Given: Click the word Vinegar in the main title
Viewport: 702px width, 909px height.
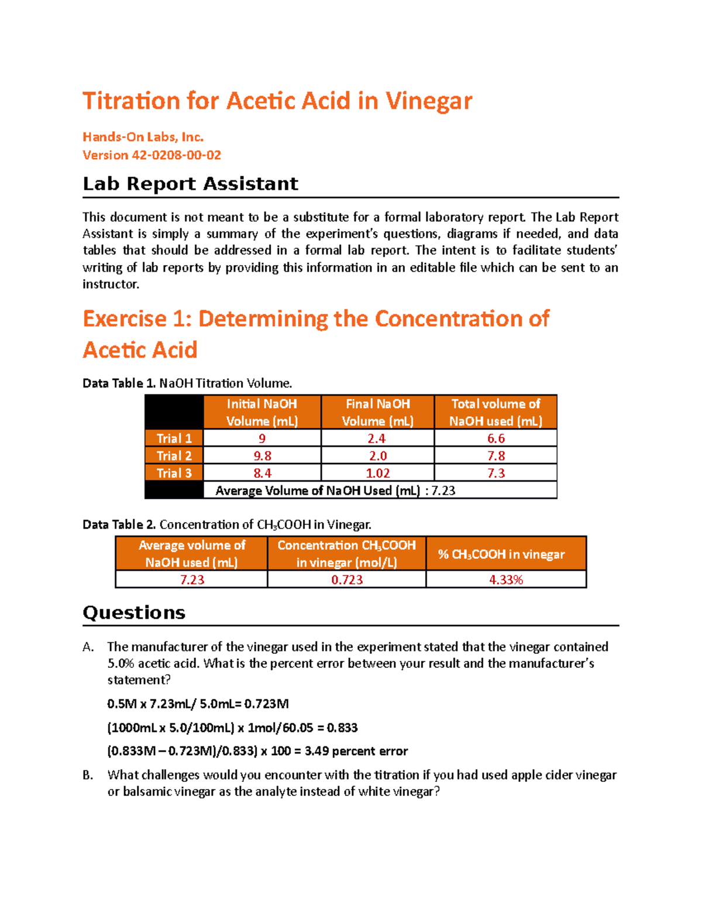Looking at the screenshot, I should coord(428,101).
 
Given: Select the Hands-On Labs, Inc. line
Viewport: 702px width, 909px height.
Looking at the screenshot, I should coord(143,137).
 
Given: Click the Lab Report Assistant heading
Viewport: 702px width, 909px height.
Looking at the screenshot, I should coord(190,184).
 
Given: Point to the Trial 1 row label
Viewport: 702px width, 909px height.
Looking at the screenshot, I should coord(174,438).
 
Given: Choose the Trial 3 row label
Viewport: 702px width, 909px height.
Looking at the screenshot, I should coord(174,473).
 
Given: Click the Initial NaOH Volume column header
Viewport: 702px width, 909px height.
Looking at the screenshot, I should coord(262,412).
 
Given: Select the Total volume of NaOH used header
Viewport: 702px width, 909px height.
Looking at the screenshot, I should coord(495,412).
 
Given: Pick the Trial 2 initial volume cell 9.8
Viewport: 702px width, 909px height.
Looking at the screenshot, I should coord(262,456).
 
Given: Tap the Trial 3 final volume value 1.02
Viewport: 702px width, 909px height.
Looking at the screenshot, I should coord(378,473).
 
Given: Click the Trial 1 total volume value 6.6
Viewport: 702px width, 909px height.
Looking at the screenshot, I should coord(496,438).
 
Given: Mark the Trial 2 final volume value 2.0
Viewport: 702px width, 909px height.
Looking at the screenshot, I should coord(378,456).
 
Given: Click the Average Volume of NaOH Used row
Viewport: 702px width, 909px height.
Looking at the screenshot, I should coord(335,490).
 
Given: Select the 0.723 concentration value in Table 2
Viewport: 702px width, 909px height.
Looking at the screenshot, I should coord(347,579).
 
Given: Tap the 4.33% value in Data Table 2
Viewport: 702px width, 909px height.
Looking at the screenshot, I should coord(506,579).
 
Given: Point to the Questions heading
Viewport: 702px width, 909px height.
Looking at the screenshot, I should coord(134,613).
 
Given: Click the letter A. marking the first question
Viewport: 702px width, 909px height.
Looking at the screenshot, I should coord(88,647).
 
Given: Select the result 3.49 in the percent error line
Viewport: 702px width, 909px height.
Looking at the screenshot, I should coord(316,751).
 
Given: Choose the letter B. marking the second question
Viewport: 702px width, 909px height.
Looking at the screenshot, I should coord(88,775).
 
